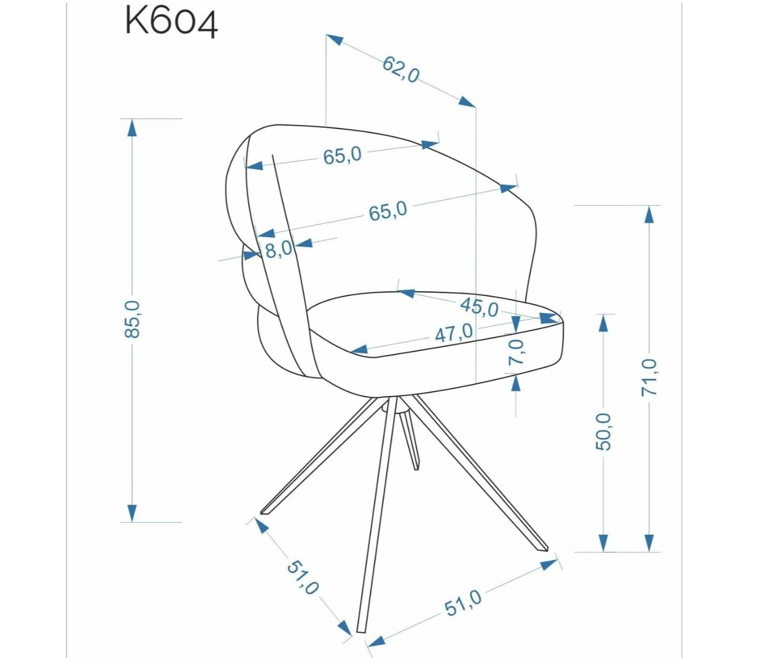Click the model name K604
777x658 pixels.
[171, 22]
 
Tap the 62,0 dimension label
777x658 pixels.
[400, 70]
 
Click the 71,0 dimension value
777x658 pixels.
[649, 377]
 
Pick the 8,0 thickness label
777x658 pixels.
[279, 249]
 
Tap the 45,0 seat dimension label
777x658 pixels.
[480, 307]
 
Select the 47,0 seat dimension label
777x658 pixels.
[454, 332]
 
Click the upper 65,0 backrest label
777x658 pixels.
[342, 155]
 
